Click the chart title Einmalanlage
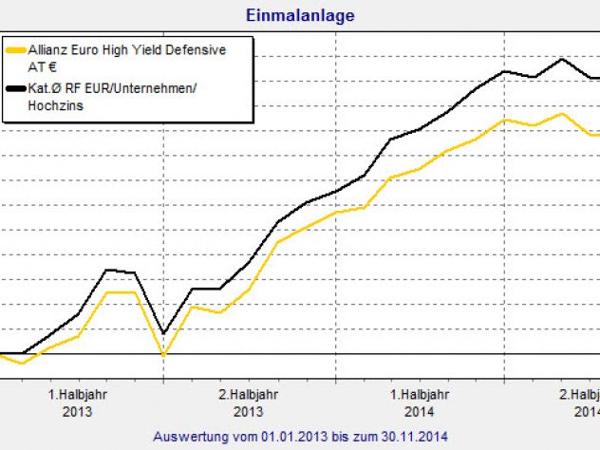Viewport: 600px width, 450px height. click(x=300, y=16)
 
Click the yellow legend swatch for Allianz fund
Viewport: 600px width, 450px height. click(x=15, y=49)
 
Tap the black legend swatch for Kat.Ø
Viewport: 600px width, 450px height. click(x=15, y=88)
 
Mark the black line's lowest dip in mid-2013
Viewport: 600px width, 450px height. click(x=163, y=334)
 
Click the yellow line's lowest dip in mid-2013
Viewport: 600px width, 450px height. click(x=163, y=355)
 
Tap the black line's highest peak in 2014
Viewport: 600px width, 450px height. click(x=564, y=59)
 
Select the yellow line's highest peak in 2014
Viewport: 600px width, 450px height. click(x=564, y=114)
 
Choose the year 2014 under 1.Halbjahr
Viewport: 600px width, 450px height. click(x=420, y=412)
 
